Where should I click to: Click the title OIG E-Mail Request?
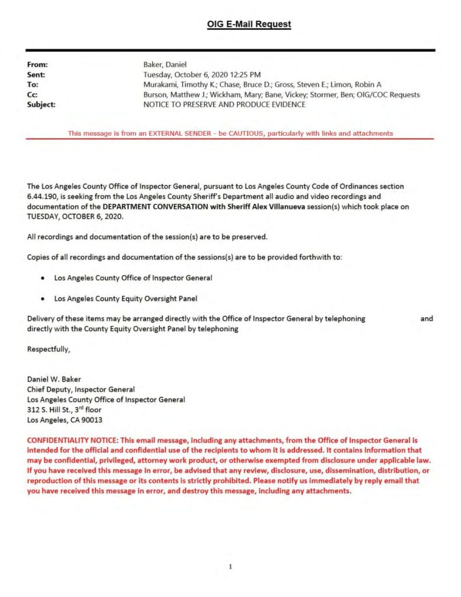coord(249,24)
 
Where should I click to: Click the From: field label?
coord(37,65)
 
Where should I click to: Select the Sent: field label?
coord(36,75)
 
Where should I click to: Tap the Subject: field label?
coord(41,104)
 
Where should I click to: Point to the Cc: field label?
coord(33,94)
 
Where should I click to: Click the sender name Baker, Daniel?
coord(166,65)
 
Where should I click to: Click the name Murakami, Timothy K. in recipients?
coord(177,85)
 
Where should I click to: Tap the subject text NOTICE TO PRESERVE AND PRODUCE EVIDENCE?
coord(224,104)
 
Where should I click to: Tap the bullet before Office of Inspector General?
coord(43,278)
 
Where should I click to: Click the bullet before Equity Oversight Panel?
coord(43,298)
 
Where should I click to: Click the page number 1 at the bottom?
coord(231,566)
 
